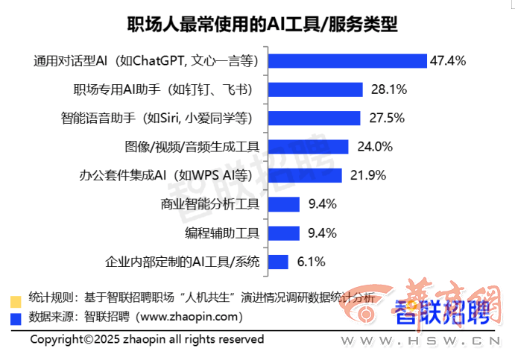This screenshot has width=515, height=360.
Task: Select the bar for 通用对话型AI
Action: (x=347, y=60)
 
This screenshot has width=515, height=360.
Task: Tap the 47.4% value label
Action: (x=448, y=60)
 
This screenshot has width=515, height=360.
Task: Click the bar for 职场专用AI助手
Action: (x=315, y=89)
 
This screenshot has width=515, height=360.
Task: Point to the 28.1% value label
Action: (x=388, y=89)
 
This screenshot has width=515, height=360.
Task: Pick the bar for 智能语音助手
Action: (x=314, y=118)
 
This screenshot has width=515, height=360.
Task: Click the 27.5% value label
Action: (x=386, y=118)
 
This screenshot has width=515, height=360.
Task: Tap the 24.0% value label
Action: (x=375, y=146)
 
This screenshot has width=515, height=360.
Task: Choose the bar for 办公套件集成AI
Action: (x=305, y=175)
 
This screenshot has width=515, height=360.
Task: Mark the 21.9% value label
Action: (x=367, y=175)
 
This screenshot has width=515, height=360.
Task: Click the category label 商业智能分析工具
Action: (x=209, y=203)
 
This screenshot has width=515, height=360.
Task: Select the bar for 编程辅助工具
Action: (x=284, y=233)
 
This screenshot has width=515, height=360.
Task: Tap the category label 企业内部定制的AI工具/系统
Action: (x=183, y=262)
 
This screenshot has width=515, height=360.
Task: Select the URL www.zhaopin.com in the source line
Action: (x=190, y=318)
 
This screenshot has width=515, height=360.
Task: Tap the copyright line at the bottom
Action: (x=147, y=339)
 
